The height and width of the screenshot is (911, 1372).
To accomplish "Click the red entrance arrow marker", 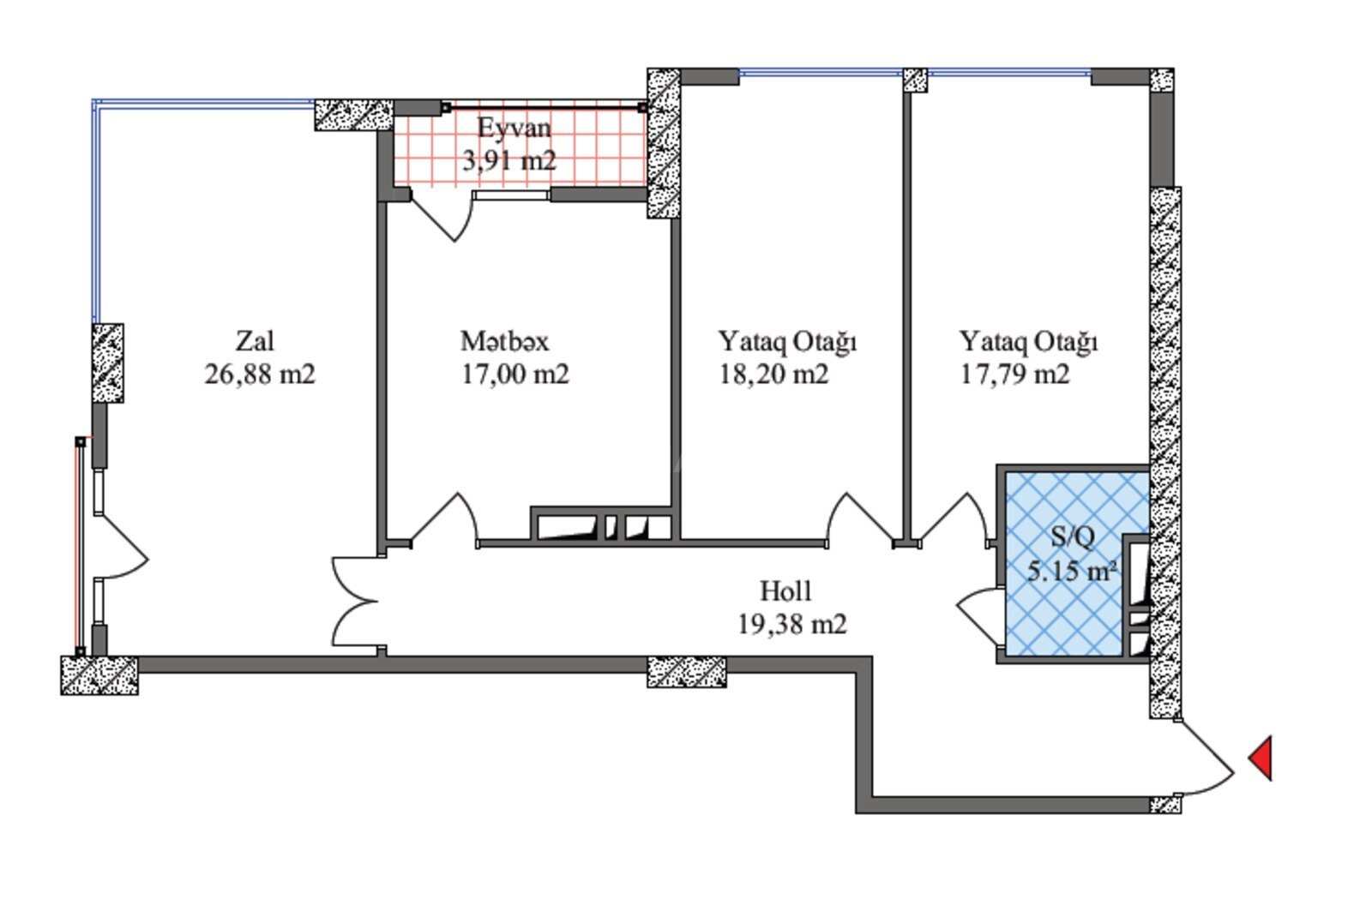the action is (1262, 758).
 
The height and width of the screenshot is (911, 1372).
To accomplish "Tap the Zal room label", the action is (255, 341).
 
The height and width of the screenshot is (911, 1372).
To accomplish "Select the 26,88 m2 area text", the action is (260, 374).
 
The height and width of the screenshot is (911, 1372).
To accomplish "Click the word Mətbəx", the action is (505, 341).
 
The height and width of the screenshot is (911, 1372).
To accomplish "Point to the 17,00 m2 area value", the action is (515, 374).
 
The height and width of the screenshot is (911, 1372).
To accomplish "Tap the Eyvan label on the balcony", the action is (514, 129).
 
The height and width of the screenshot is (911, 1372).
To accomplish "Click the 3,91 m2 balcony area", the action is (509, 161).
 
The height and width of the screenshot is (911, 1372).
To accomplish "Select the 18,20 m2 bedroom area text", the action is (773, 374).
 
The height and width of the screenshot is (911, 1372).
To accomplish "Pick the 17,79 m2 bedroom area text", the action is (1015, 374).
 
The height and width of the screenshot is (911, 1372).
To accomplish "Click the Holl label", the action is (785, 591).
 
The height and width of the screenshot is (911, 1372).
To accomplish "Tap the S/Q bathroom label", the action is (1073, 537).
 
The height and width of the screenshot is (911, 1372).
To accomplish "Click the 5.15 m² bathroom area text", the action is (1072, 571).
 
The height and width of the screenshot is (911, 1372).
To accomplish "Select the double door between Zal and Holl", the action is (355, 602).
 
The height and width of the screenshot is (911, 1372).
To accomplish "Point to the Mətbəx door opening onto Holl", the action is (445, 519).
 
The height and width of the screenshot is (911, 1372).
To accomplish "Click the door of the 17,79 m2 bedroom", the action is (953, 519).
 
